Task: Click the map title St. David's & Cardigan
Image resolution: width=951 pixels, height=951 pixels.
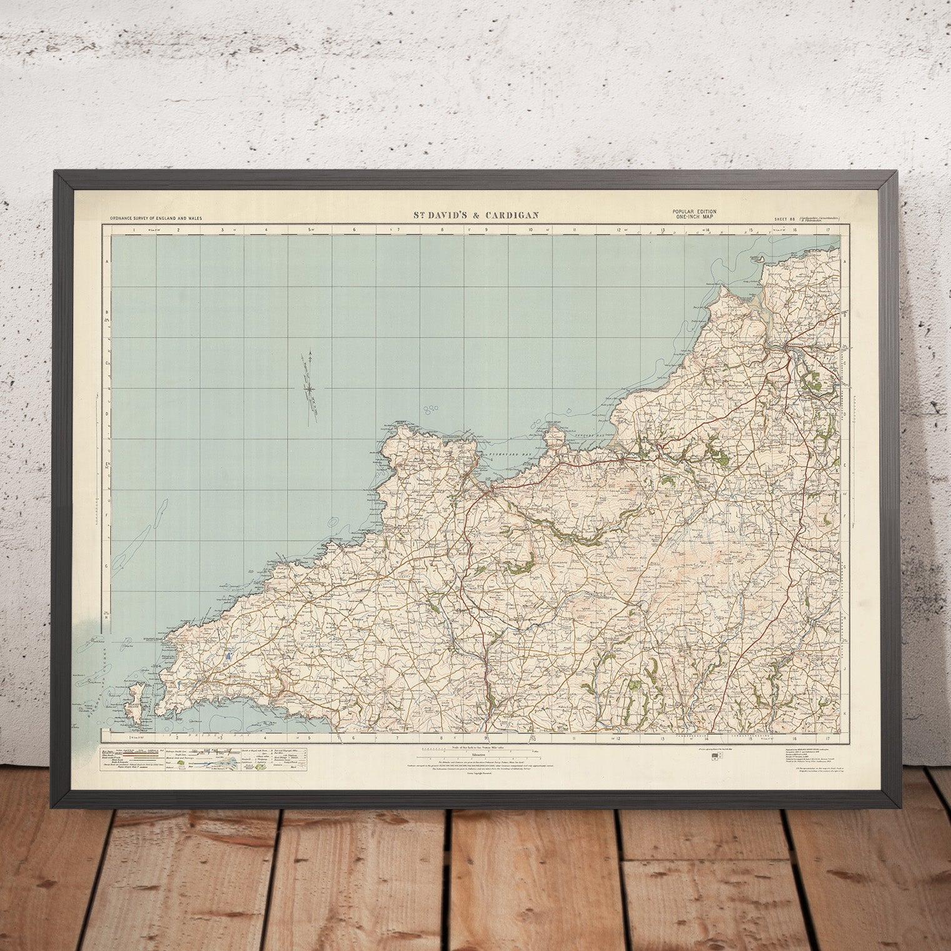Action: pyautogui.click(x=475, y=215)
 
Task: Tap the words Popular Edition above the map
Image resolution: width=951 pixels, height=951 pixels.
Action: pyautogui.click(x=694, y=212)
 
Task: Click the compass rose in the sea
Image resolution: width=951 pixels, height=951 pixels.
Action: pyautogui.click(x=309, y=388)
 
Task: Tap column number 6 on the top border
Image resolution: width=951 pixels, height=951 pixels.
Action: pyautogui.click(x=354, y=229)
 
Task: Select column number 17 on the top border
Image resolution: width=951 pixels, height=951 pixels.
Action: pyautogui.click(x=828, y=229)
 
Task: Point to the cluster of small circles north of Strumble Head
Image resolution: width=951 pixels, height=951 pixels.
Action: pyautogui.click(x=430, y=409)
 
